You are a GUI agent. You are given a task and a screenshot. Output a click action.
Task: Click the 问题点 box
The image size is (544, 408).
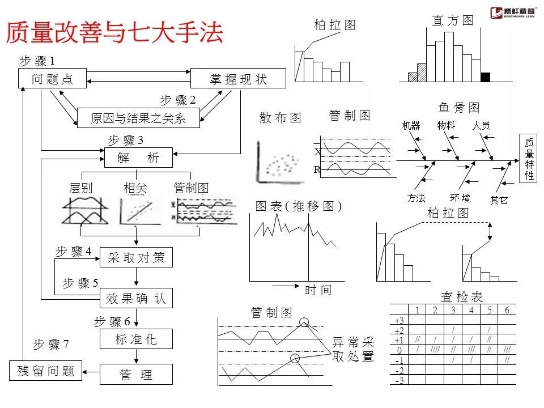[53, 79]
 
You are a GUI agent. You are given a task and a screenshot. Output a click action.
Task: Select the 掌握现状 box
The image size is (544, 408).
[239, 79]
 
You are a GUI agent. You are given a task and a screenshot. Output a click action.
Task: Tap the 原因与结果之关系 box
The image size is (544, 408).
[138, 118]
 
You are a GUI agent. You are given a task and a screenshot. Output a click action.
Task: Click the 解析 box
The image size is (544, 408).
[139, 158]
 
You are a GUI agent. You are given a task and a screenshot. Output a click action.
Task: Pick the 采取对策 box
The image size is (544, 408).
[136, 257]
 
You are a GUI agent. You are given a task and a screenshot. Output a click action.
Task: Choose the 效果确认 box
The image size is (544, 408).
[136, 298]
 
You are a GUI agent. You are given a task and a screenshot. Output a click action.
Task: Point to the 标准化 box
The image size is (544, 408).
[136, 339]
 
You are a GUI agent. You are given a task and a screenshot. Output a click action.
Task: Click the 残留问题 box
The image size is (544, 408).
[46, 371]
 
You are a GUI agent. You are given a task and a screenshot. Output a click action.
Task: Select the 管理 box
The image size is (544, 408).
[136, 375]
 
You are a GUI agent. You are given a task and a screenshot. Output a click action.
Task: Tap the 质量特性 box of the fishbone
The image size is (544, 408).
[529, 159]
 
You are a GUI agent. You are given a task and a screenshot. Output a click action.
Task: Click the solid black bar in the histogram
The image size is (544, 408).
[485, 78]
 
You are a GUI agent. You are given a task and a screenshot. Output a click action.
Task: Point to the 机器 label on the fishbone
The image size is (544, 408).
[411, 126]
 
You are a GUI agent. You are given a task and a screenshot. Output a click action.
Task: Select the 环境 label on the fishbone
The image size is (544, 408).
[460, 198]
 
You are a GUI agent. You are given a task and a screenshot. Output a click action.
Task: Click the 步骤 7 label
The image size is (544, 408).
[51, 344]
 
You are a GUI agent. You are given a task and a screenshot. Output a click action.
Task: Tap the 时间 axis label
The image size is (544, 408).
[318, 290]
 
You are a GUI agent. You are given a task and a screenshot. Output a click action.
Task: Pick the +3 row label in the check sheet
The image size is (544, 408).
[399, 321]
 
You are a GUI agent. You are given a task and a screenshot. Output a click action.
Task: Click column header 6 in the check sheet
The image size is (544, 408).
[507, 310]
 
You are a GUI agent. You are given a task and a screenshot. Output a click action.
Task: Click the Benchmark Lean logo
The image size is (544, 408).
[513, 12]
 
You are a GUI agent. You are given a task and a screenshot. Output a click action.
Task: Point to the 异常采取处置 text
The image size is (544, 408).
[353, 349]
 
